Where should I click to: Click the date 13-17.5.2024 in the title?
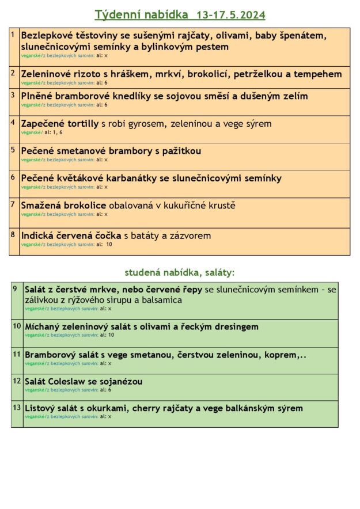coord(230,14)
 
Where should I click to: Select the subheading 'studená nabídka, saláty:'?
coord(180,272)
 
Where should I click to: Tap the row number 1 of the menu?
coord(13,35)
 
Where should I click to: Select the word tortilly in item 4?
coord(79,123)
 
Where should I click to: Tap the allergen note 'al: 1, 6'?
coord(53,132)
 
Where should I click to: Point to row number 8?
coord(13,234)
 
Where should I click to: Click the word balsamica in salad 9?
coord(161,300)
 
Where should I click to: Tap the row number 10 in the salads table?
coord(17,326)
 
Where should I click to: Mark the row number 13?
coord(17,408)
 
